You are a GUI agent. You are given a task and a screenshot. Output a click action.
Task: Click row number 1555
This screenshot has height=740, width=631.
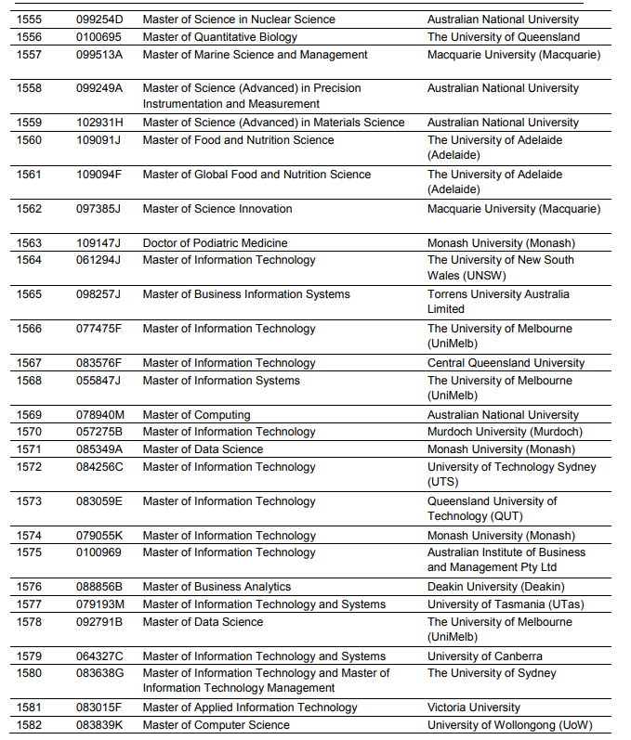point(29,19)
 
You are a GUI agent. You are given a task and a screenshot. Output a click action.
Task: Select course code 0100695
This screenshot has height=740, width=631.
point(99,37)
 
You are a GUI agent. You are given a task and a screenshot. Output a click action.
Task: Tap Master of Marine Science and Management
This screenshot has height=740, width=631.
point(255,55)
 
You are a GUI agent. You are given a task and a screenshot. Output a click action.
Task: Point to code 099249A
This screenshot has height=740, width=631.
point(99,88)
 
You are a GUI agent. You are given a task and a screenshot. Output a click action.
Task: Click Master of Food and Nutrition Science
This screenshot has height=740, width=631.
point(238,140)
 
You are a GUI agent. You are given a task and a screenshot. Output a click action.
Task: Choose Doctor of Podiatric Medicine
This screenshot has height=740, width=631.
point(215,243)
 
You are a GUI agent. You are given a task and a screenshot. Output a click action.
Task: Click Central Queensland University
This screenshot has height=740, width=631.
point(506,363)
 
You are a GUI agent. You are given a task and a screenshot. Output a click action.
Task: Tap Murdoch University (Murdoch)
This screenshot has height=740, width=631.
point(505,432)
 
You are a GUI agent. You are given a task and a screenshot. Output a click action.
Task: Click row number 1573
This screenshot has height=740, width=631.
point(29,501)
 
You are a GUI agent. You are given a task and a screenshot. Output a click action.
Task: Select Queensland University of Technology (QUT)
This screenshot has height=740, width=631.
point(492,509)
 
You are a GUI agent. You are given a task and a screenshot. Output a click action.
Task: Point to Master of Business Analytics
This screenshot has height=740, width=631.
point(217,587)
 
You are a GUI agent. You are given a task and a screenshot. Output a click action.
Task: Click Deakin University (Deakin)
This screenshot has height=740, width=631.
point(495,587)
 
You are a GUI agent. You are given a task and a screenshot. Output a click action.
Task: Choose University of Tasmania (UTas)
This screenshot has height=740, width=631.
point(497,604)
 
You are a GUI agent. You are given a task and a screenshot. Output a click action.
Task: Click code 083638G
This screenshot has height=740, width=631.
point(100,673)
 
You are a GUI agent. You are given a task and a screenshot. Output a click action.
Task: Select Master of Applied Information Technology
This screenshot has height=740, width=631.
point(250,708)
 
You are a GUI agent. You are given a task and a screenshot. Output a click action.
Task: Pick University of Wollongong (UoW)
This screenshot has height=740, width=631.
point(509,725)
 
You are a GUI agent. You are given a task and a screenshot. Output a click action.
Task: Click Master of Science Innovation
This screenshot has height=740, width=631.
point(217,209)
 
